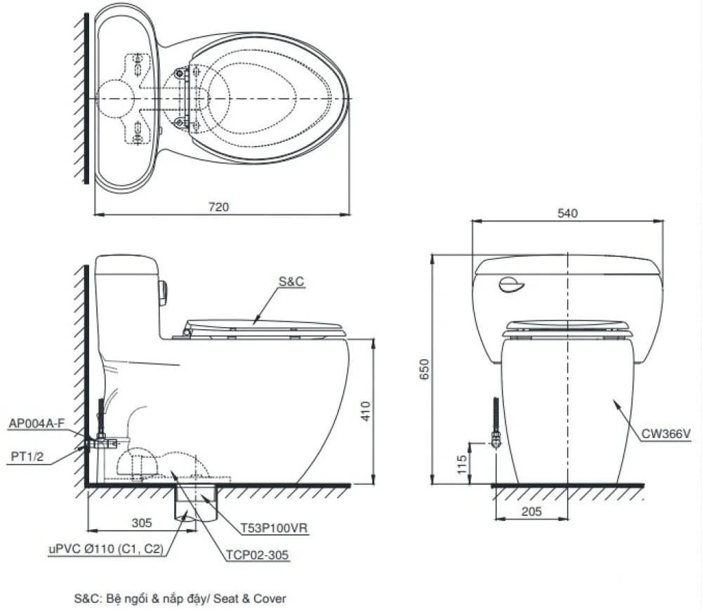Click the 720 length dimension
[x=218, y=207]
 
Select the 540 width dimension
[x=567, y=213]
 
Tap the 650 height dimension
[x=424, y=369]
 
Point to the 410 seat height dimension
[x=366, y=411]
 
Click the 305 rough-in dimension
[x=142, y=523]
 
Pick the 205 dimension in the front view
[x=531, y=511]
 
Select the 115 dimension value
[x=462, y=465]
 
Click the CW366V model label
[x=665, y=434]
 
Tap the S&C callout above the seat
[x=291, y=281]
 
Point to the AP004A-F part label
[x=37, y=423]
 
